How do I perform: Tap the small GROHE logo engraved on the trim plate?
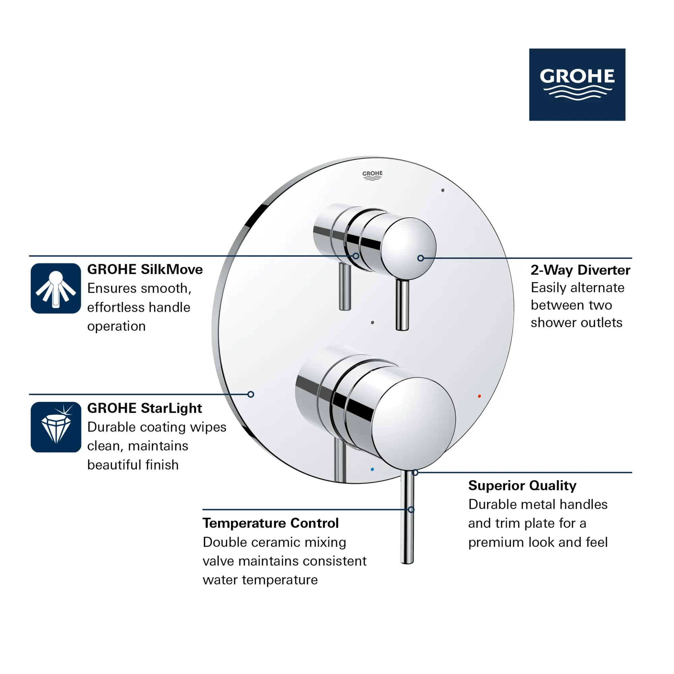pos(372,176)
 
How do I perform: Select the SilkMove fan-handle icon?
pos(56,288)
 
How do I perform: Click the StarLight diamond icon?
pos(56,427)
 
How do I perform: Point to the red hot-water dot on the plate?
pos(479,396)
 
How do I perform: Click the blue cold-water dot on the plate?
pos(372,469)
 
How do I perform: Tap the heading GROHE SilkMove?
pos(145,269)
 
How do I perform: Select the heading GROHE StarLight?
pos(145,408)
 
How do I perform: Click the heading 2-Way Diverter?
pos(581,270)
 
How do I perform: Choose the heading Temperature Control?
pos(271,523)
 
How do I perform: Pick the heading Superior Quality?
pos(522,485)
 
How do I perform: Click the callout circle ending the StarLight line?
pos(251,394)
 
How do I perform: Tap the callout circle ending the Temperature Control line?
pos(411,510)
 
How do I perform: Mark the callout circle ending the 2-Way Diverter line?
pos(421,258)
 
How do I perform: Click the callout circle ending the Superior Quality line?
pos(415,473)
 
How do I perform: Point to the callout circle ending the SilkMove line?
pos(356,256)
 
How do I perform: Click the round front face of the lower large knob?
pos(413,424)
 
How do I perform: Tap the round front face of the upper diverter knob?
pos(408,249)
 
